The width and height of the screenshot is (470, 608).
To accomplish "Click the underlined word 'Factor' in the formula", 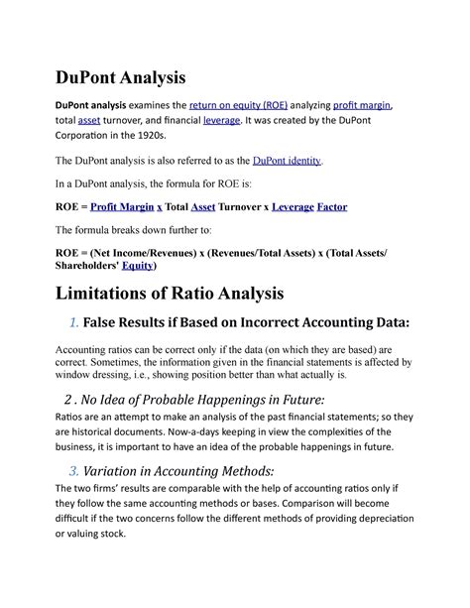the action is pyautogui.click(x=332, y=207).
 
